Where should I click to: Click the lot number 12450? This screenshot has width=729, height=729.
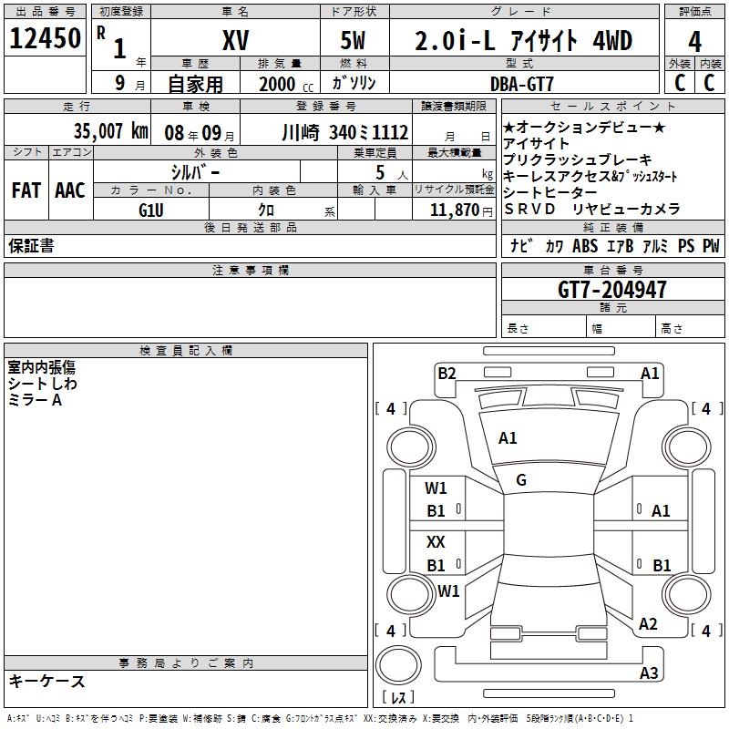click(x=45, y=38)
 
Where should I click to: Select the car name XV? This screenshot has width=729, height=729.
click(x=236, y=40)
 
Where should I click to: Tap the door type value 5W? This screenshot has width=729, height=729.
click(x=353, y=40)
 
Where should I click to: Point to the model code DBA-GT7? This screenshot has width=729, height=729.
click(x=522, y=84)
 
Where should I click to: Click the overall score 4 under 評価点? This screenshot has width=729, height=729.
click(x=694, y=42)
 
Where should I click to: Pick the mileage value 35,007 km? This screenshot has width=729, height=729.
click(x=110, y=131)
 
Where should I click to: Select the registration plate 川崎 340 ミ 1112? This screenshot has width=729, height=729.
click(x=345, y=133)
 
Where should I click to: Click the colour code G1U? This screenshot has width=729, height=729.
click(x=151, y=210)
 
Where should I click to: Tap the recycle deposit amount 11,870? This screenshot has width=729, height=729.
click(x=455, y=210)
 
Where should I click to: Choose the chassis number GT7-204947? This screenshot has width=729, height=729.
click(x=611, y=290)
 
